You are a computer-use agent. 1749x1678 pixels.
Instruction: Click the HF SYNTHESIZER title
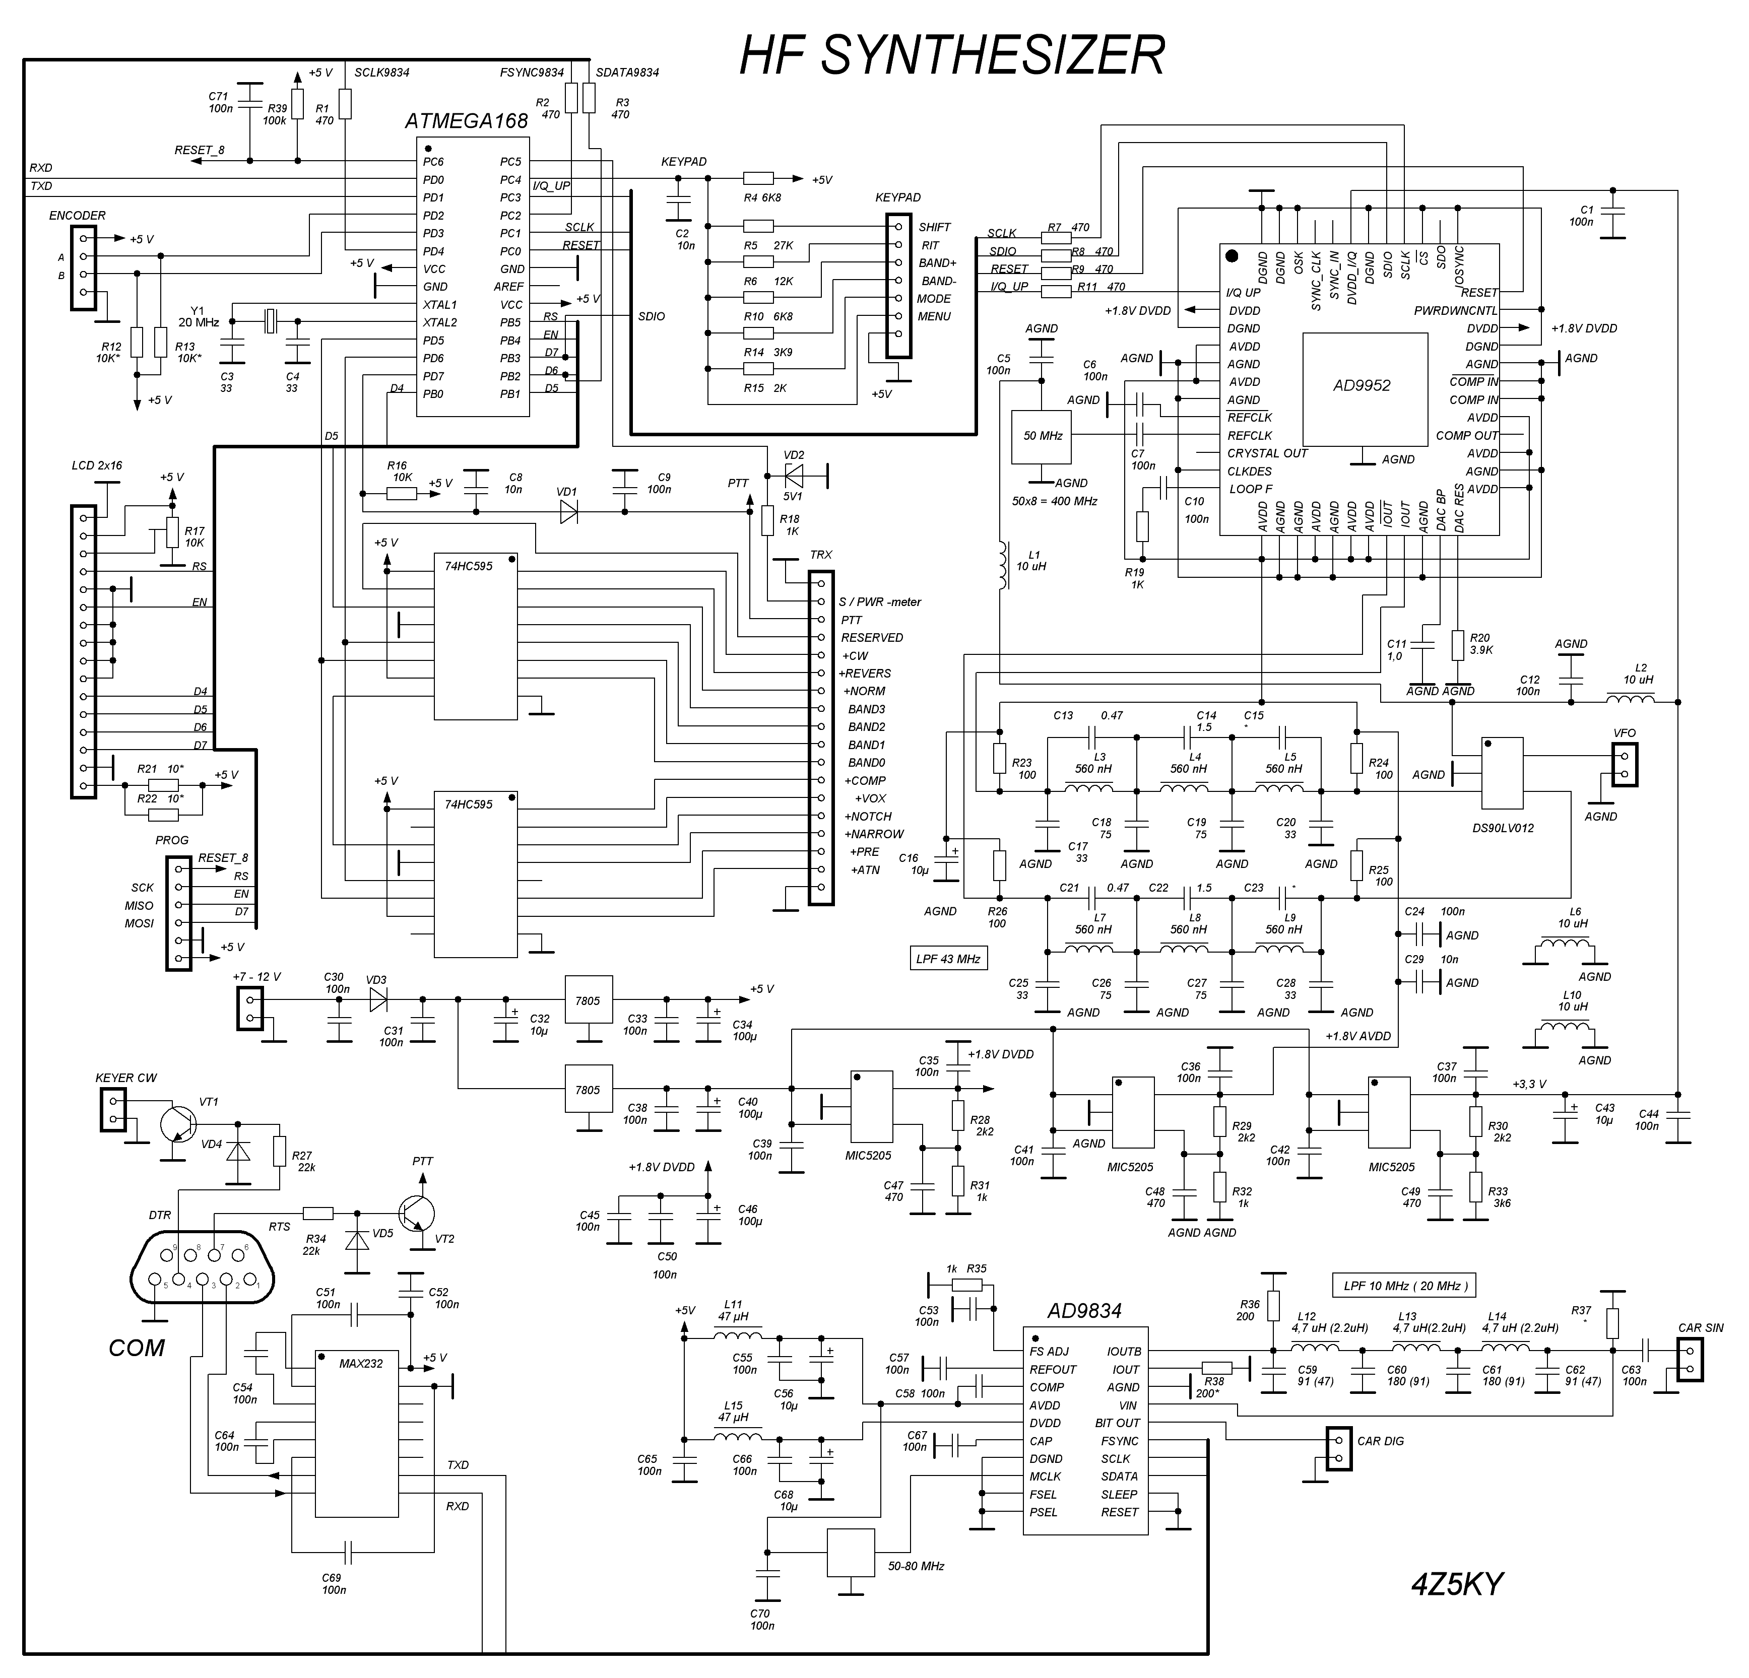(x=952, y=56)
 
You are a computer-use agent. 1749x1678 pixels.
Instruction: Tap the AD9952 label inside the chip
(x=1362, y=385)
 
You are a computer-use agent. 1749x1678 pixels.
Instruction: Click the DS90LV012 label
(x=1503, y=828)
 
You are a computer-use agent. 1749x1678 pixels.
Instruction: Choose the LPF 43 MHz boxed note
(x=948, y=959)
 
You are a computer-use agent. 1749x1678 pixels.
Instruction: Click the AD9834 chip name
(x=1084, y=1310)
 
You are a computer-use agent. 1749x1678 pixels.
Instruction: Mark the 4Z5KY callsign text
(x=1457, y=1583)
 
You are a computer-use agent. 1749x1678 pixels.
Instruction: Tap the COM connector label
(x=137, y=1347)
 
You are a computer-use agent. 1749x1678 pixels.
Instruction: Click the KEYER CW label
(x=126, y=1078)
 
